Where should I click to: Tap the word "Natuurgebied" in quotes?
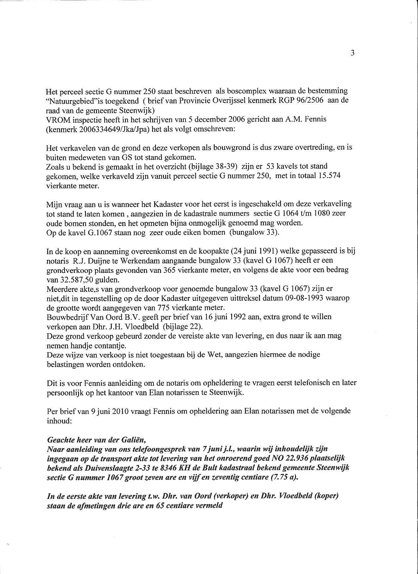point(69,100)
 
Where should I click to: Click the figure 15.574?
point(328,176)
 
